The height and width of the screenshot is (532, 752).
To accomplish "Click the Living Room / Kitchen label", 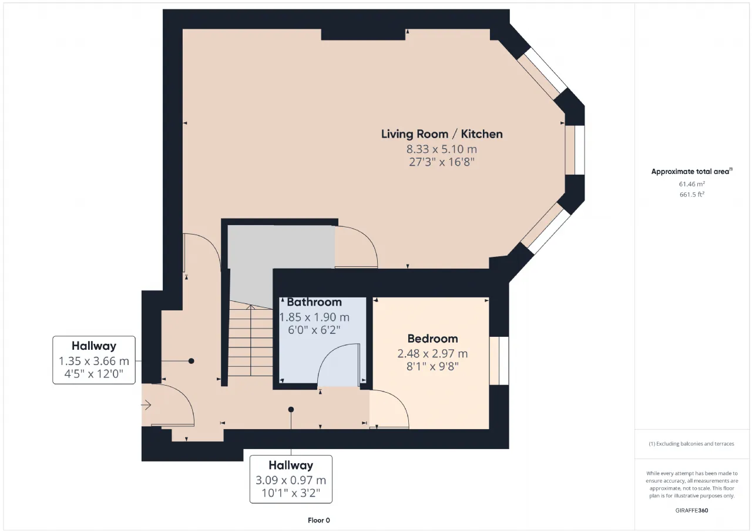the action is point(442,134).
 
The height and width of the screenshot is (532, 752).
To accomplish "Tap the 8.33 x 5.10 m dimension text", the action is point(442,149).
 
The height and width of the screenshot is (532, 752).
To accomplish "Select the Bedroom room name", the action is point(433,339).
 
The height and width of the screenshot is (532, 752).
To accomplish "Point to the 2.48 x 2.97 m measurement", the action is point(433,353).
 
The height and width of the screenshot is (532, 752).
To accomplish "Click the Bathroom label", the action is point(314,302).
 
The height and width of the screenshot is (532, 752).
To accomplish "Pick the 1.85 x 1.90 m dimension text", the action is point(314,317).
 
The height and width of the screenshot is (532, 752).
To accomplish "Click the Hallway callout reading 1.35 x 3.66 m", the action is point(94,360).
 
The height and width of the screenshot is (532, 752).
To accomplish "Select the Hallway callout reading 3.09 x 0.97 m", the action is point(291,479).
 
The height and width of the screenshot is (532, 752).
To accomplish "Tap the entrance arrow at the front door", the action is point(146,405).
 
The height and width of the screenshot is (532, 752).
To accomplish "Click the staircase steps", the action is point(251,340).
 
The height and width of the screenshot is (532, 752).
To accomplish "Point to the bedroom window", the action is point(499,361).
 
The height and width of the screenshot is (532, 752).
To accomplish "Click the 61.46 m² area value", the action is point(692,184).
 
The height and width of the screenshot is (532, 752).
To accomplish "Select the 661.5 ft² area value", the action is point(692,195).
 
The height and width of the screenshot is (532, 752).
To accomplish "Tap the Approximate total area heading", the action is point(692,171).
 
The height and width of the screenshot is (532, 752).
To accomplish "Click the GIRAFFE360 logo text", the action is point(692,510).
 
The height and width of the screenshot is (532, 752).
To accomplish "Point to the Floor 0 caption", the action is point(319,520).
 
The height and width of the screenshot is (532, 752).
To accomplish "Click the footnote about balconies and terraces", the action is point(691,444).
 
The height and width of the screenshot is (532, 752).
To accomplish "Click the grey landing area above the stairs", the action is point(281,247).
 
